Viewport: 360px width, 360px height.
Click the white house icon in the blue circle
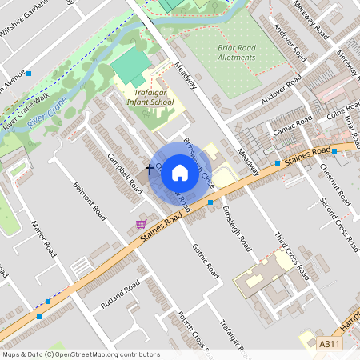coord(180,172)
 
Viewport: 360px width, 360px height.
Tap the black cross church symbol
coord(150,170)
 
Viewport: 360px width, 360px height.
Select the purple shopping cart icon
coord(142,223)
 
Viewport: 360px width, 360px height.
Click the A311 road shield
coord(329,343)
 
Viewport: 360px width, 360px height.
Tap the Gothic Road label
coord(206,261)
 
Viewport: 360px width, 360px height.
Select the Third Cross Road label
coord(291,255)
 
